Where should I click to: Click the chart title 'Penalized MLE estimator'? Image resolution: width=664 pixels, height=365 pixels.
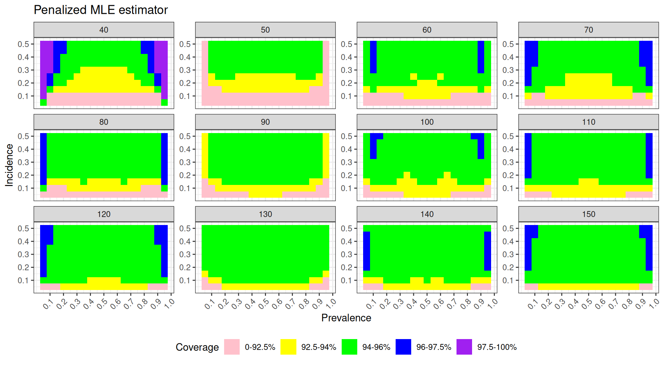tap(101, 10)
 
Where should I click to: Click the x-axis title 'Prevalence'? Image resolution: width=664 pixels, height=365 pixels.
tap(346, 318)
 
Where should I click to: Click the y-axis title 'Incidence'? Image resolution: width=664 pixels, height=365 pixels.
tap(9, 165)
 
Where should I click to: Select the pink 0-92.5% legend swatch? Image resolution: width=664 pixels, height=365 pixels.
tap(232, 347)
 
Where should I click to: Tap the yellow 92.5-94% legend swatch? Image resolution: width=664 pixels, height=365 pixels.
tap(288, 347)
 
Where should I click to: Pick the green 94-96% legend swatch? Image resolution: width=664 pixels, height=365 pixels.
tap(349, 347)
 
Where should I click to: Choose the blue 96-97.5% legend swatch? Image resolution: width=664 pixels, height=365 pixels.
tap(403, 347)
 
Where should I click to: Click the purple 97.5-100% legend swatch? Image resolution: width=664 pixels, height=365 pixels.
tap(464, 347)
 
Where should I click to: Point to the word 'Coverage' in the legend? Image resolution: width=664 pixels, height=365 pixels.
tap(197, 347)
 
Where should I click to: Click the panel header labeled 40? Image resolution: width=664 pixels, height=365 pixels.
tap(104, 30)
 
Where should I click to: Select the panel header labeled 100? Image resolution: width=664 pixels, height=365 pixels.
tap(427, 122)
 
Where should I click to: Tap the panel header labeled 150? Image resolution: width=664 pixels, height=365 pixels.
tap(588, 214)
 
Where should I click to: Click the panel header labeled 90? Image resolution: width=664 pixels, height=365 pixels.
tap(265, 122)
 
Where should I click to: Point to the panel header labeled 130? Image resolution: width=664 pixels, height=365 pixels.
tap(265, 214)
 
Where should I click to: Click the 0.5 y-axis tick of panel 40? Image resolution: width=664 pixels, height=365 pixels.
tap(24, 44)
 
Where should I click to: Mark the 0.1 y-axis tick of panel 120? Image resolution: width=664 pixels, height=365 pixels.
tap(24, 280)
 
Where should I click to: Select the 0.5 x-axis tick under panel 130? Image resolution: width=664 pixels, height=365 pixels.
tap(264, 303)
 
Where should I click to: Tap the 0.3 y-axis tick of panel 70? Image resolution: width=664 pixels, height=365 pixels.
tap(508, 70)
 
